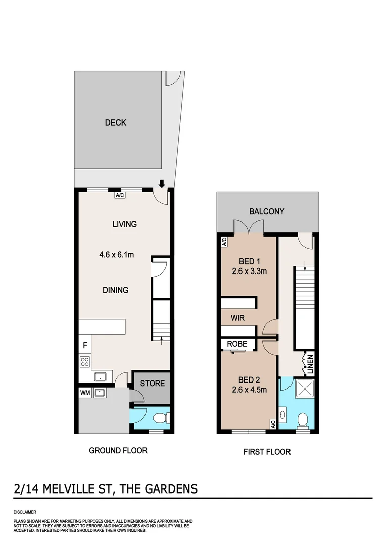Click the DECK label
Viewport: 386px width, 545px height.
pyautogui.click(x=115, y=123)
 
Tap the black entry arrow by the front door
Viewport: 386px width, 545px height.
pyautogui.click(x=162, y=183)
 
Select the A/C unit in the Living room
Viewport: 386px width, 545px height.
pyautogui.click(x=120, y=195)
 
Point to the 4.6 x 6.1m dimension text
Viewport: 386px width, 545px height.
pyautogui.click(x=116, y=254)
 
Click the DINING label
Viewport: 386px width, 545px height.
pyautogui.click(x=115, y=290)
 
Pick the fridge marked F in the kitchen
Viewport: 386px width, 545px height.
pyautogui.click(x=85, y=347)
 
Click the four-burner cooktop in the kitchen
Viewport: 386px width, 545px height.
pyautogui.click(x=85, y=361)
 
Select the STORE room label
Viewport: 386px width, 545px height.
pyautogui.click(x=152, y=384)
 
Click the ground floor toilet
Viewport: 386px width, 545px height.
pyautogui.click(x=161, y=418)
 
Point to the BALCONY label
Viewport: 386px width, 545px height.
pyautogui.click(x=267, y=212)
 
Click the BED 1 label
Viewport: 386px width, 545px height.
pyautogui.click(x=249, y=261)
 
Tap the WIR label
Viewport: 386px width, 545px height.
pyautogui.click(x=238, y=319)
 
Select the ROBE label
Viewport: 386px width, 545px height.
pyautogui.click(x=236, y=344)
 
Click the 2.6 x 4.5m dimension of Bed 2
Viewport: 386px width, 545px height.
pyautogui.click(x=249, y=389)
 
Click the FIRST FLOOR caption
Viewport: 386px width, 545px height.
pyautogui.click(x=267, y=452)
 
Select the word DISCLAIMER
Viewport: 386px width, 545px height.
pyautogui.click(x=25, y=512)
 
